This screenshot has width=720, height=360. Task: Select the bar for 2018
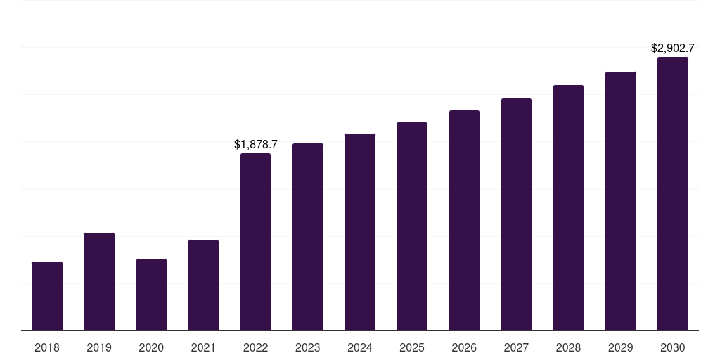point(47,296)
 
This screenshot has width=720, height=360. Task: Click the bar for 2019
point(99,281)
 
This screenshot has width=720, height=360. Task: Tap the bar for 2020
point(152,295)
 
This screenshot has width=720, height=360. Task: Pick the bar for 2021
point(203,285)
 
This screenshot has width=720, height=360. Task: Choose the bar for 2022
point(255,242)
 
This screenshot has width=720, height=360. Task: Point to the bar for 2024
point(360,232)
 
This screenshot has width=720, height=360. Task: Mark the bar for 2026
point(464,220)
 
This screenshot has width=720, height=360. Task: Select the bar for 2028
point(568,208)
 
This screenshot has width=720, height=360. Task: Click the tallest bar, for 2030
point(673,194)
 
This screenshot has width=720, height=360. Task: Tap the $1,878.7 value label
point(256,145)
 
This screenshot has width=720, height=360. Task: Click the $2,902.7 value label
point(673,49)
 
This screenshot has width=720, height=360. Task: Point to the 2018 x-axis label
point(47,347)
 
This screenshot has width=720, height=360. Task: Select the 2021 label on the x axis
point(203,347)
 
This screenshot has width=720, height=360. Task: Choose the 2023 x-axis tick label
point(308,347)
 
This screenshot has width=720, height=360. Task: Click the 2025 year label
point(412,347)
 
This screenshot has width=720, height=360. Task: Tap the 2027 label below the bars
point(516,347)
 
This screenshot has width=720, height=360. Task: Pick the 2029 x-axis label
point(620,347)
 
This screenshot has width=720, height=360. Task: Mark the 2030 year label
point(673,347)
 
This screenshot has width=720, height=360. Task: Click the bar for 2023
point(308,237)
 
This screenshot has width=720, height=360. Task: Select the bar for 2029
point(621,201)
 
